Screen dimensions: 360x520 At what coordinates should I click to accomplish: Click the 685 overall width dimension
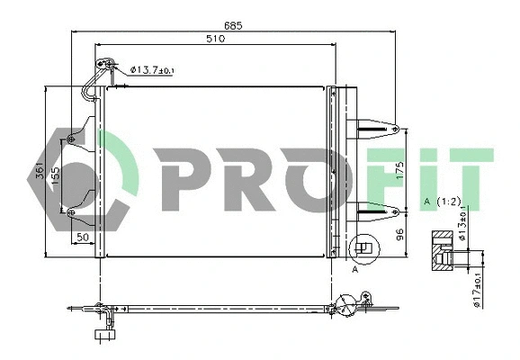(x=234, y=26)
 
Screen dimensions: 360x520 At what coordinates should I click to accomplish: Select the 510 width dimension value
(x=215, y=40)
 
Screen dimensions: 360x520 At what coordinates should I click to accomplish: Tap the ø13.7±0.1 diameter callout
(x=154, y=69)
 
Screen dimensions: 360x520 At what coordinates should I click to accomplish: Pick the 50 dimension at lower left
(x=83, y=236)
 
